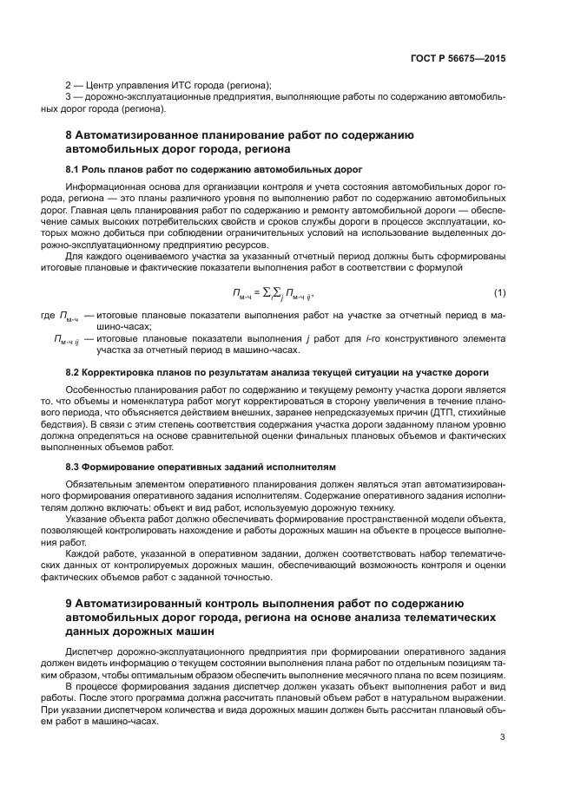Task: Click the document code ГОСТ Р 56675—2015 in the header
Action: point(458,59)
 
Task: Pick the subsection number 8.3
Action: point(74,467)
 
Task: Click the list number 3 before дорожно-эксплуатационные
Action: point(69,98)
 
